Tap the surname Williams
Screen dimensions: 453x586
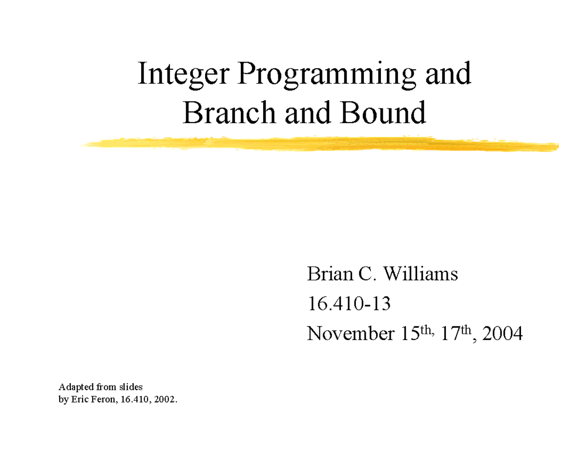click(419, 275)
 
